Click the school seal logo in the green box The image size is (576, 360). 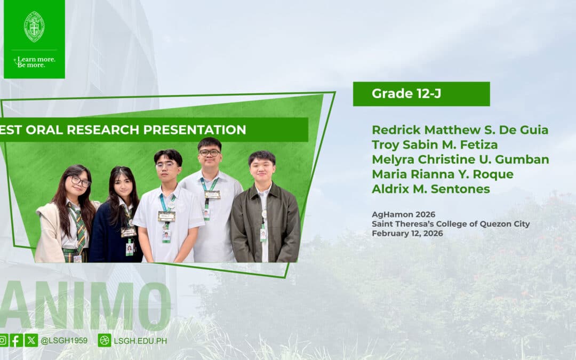34,27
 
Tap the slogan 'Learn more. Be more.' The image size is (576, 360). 35,62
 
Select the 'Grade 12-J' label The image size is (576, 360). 406,94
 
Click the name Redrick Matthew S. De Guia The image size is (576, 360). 460,130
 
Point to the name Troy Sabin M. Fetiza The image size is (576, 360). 435,145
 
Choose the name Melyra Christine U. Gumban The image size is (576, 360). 460,159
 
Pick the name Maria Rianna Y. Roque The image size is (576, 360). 443,174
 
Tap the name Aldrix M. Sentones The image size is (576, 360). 431,189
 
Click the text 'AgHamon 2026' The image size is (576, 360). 403,214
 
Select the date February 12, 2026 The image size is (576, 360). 407,233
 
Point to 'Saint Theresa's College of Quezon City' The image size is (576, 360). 451,223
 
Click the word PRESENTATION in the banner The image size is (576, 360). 195,130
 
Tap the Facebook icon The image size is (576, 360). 16,340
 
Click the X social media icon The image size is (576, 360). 31,340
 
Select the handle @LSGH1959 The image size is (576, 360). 64,340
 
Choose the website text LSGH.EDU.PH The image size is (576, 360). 140,341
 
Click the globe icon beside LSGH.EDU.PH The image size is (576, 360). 105,340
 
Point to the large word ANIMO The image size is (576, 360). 85,305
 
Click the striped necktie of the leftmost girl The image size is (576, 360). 78,228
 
